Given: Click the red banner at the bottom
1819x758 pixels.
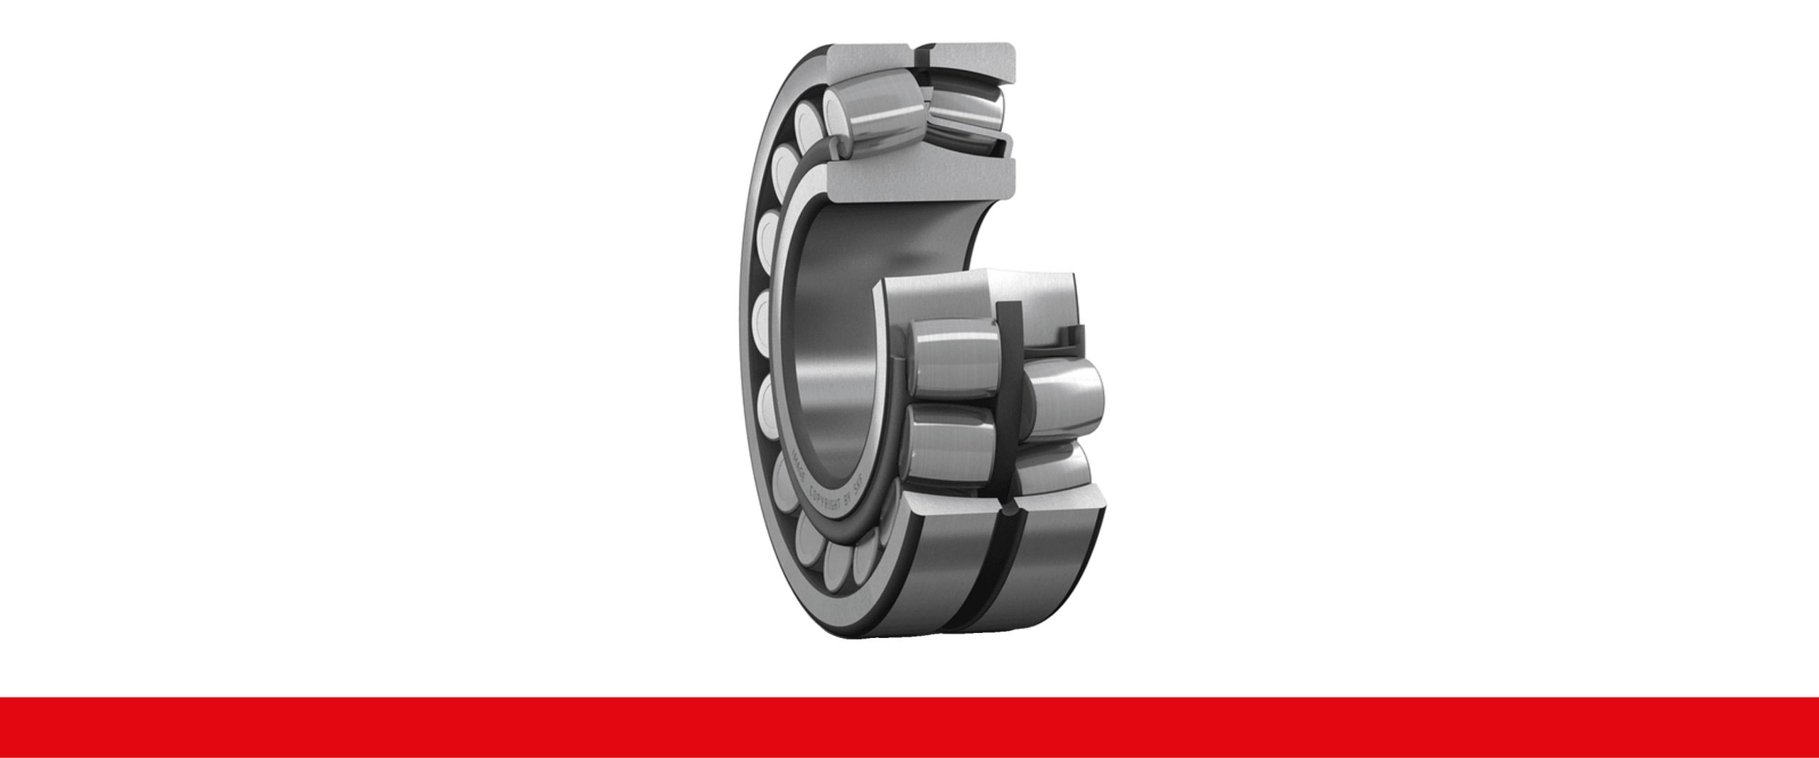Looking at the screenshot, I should pos(909,727).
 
